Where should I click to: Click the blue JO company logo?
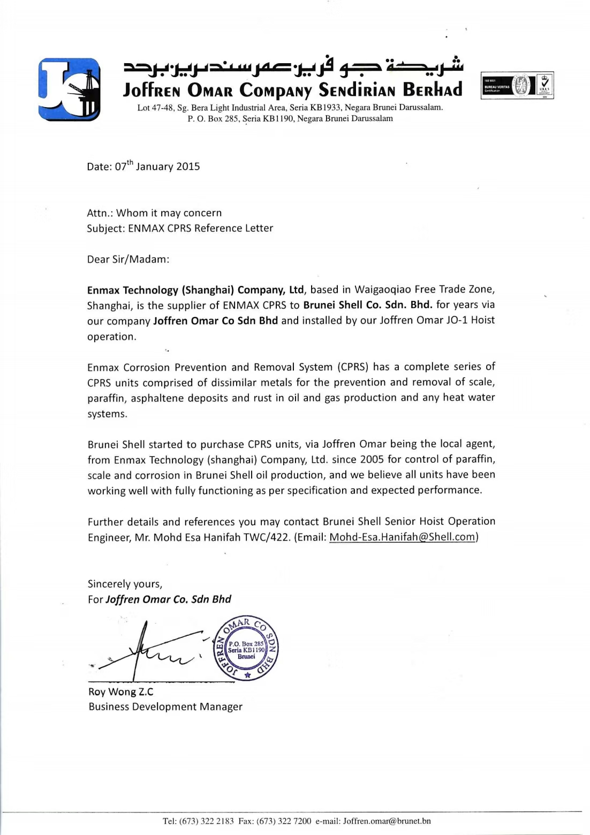(69, 89)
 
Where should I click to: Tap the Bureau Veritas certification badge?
(517, 86)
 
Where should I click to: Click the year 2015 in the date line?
(188, 167)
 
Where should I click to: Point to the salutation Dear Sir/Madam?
(128, 259)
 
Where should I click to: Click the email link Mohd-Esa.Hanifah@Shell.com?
(402, 537)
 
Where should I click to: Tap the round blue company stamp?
(246, 648)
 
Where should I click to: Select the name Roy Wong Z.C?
(120, 691)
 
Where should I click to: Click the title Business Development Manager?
(165, 707)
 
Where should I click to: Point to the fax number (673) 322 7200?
(284, 821)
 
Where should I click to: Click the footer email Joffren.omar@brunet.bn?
(387, 821)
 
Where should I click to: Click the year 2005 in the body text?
(372, 460)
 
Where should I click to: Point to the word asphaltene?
(155, 398)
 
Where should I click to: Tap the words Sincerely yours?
(125, 584)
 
